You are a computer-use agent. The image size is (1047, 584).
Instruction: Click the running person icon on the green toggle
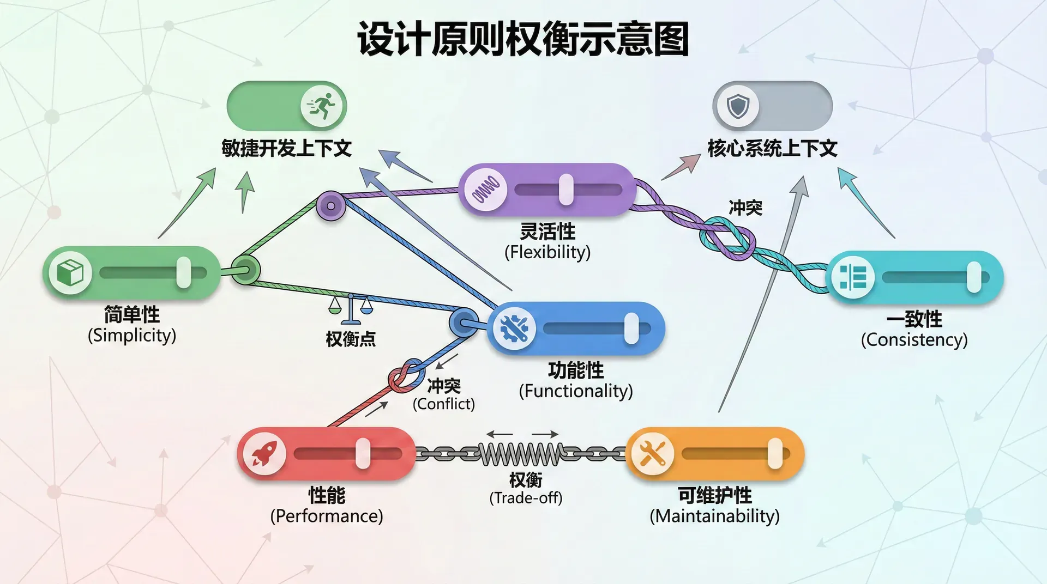point(322,106)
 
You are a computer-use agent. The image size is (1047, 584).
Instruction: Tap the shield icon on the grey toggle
point(737,106)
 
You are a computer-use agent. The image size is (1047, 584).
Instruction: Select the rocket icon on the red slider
point(264,453)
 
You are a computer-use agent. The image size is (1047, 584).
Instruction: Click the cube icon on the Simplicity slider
point(70,272)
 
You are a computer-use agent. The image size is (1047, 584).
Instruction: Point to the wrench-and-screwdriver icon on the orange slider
point(652,453)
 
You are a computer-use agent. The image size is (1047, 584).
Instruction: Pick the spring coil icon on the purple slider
point(485,190)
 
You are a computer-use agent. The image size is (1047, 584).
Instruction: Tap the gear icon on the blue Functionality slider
point(514,328)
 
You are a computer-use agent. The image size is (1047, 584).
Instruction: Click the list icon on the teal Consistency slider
point(853,277)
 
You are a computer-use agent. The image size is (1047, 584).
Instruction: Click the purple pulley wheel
point(331,206)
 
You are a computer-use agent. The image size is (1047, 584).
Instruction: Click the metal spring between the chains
point(521,453)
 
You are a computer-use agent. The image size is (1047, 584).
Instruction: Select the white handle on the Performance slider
point(363,453)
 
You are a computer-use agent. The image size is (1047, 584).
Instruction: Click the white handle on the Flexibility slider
point(566,190)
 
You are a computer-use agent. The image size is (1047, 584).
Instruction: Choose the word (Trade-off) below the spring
point(526,498)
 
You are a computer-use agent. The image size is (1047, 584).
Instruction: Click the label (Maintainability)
point(714,516)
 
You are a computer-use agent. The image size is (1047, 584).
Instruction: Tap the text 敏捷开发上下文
point(286,148)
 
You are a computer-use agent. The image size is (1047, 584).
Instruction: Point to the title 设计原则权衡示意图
point(523,39)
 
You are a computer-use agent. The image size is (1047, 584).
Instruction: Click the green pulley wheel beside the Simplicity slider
point(245,270)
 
